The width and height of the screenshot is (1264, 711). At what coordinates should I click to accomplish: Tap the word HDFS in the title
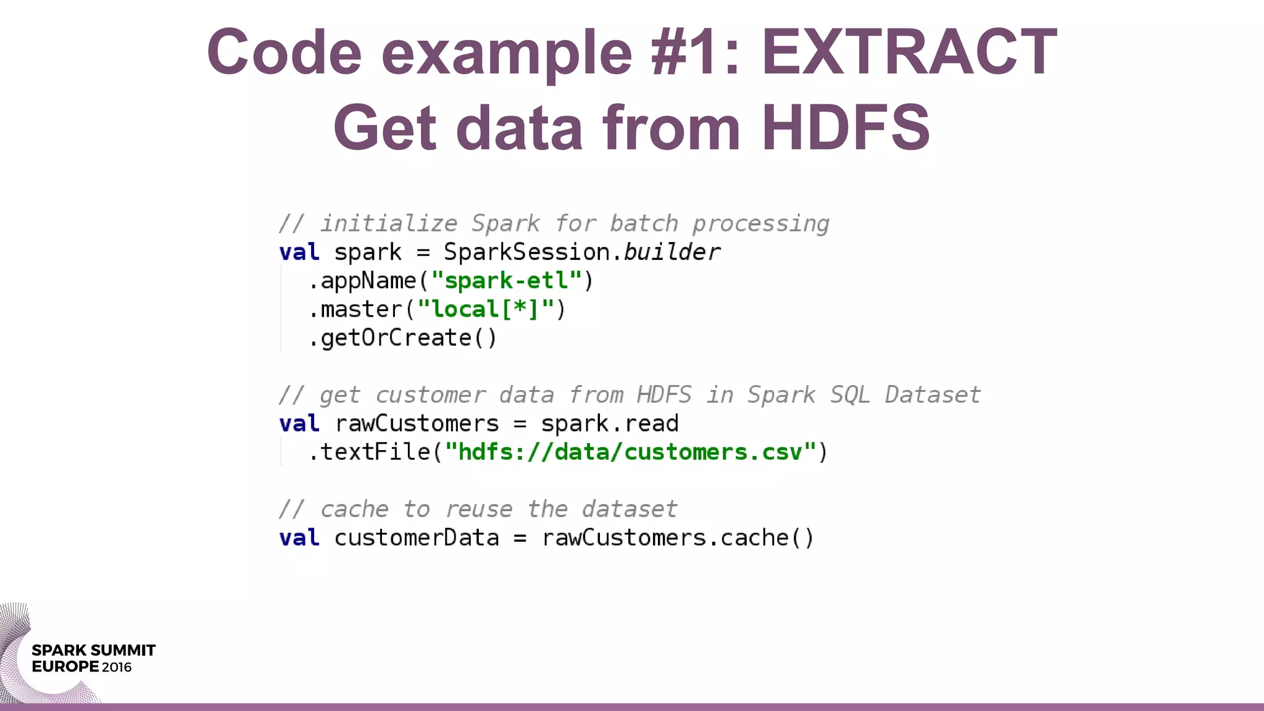click(846, 128)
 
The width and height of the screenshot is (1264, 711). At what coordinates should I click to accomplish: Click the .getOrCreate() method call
click(402, 338)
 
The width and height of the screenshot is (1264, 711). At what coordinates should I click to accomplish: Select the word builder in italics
click(671, 252)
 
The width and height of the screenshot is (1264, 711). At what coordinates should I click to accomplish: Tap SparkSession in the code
click(526, 252)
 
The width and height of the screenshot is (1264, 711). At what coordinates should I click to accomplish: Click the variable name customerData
click(417, 538)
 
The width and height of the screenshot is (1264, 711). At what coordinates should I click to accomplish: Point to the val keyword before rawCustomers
click(299, 423)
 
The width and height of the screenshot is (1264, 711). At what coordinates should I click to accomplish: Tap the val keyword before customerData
click(299, 538)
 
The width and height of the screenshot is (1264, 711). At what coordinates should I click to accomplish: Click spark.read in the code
click(610, 423)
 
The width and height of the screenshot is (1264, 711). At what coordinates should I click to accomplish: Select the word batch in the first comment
click(644, 223)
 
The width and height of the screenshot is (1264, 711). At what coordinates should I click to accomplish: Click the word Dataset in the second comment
click(933, 395)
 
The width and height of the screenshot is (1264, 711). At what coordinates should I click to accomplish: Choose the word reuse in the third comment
click(479, 509)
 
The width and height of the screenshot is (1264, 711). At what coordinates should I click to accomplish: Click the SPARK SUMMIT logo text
click(94, 651)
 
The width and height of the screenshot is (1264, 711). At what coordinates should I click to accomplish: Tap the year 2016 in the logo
click(117, 667)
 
